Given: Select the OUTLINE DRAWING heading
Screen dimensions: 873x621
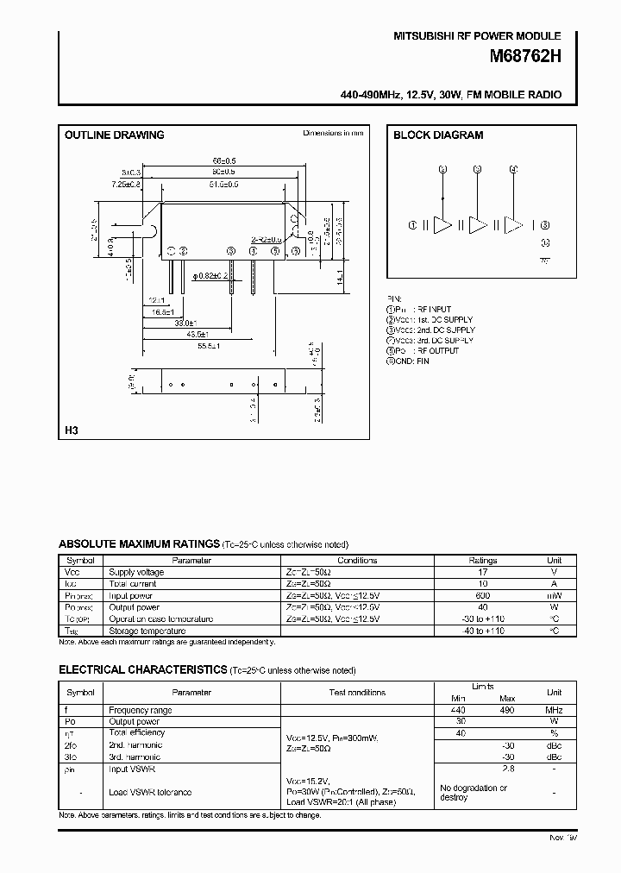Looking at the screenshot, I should (x=114, y=135).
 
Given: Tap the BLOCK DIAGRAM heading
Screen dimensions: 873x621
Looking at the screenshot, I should (x=438, y=135).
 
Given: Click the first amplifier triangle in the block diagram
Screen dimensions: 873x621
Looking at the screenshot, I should (x=442, y=225).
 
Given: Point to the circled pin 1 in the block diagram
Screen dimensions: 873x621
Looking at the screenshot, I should (x=413, y=225).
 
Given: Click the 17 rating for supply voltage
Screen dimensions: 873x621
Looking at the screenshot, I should (x=482, y=572).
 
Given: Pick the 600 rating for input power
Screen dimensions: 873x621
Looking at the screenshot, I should (x=482, y=595).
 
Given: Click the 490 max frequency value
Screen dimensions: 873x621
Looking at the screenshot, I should (x=506, y=710).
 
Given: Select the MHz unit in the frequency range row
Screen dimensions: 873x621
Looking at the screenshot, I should (x=554, y=710).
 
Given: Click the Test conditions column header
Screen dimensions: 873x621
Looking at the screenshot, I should (x=357, y=692).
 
